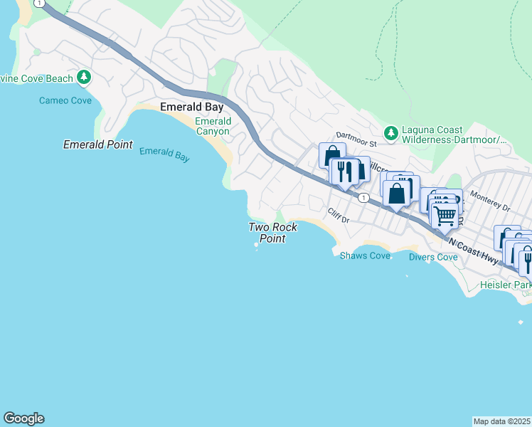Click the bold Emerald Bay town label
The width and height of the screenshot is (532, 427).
pos(192,107)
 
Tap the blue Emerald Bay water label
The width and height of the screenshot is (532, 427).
pos(164,154)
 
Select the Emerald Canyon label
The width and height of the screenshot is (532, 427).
pos(213,127)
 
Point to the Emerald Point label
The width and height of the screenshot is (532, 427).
pos(98,144)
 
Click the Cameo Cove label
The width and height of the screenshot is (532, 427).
pos(65,100)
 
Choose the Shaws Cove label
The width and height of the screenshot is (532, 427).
pos(365,255)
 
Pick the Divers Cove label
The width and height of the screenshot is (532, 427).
pos(433,256)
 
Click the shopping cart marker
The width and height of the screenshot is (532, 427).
pos(445,215)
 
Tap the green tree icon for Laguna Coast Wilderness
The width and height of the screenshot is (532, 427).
pos(390,132)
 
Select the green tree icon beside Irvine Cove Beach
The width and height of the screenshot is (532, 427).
pos(84,76)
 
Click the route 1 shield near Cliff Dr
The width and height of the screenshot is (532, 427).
pos(363,197)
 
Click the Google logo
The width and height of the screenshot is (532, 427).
pos(23,418)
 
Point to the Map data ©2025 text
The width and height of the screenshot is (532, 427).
pos(501,421)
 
